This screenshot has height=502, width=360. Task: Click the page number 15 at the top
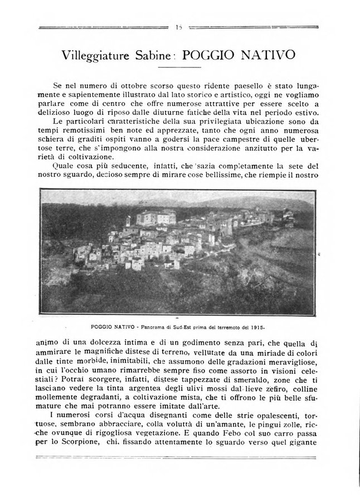pos(179,26)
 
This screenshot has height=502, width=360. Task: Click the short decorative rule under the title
pos(179,67)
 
